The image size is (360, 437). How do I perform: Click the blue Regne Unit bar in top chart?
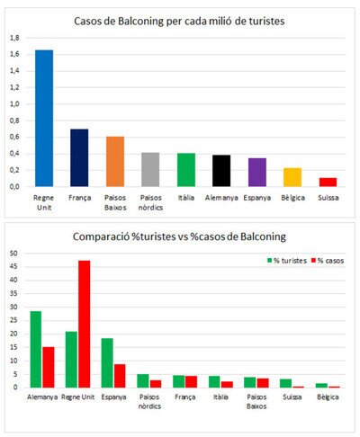point(44,119)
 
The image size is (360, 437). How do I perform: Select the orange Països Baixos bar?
point(115,162)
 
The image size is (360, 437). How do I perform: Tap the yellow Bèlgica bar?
point(292,177)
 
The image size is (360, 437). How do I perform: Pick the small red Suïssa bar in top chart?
point(328,183)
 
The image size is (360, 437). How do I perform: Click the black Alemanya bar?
point(221,171)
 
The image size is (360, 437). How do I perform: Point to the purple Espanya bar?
point(257,173)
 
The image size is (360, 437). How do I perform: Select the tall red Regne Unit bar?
point(84,324)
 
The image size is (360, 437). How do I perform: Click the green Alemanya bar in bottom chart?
point(36,349)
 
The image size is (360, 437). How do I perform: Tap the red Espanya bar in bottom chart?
point(120,376)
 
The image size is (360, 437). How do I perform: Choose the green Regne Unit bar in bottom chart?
point(71,360)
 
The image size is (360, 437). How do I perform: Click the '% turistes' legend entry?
point(287,261)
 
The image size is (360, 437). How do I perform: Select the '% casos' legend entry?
point(328,261)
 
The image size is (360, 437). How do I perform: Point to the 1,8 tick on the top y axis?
point(14,38)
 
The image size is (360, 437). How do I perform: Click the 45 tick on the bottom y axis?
point(13,266)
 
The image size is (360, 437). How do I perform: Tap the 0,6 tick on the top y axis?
point(14,137)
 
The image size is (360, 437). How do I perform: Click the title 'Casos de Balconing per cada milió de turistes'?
point(179,22)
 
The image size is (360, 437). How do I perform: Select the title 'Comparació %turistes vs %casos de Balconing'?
point(179,236)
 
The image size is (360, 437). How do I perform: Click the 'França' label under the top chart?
point(79,198)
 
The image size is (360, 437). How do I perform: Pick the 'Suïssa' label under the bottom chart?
point(292,397)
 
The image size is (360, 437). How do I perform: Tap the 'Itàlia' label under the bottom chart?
point(220,397)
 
